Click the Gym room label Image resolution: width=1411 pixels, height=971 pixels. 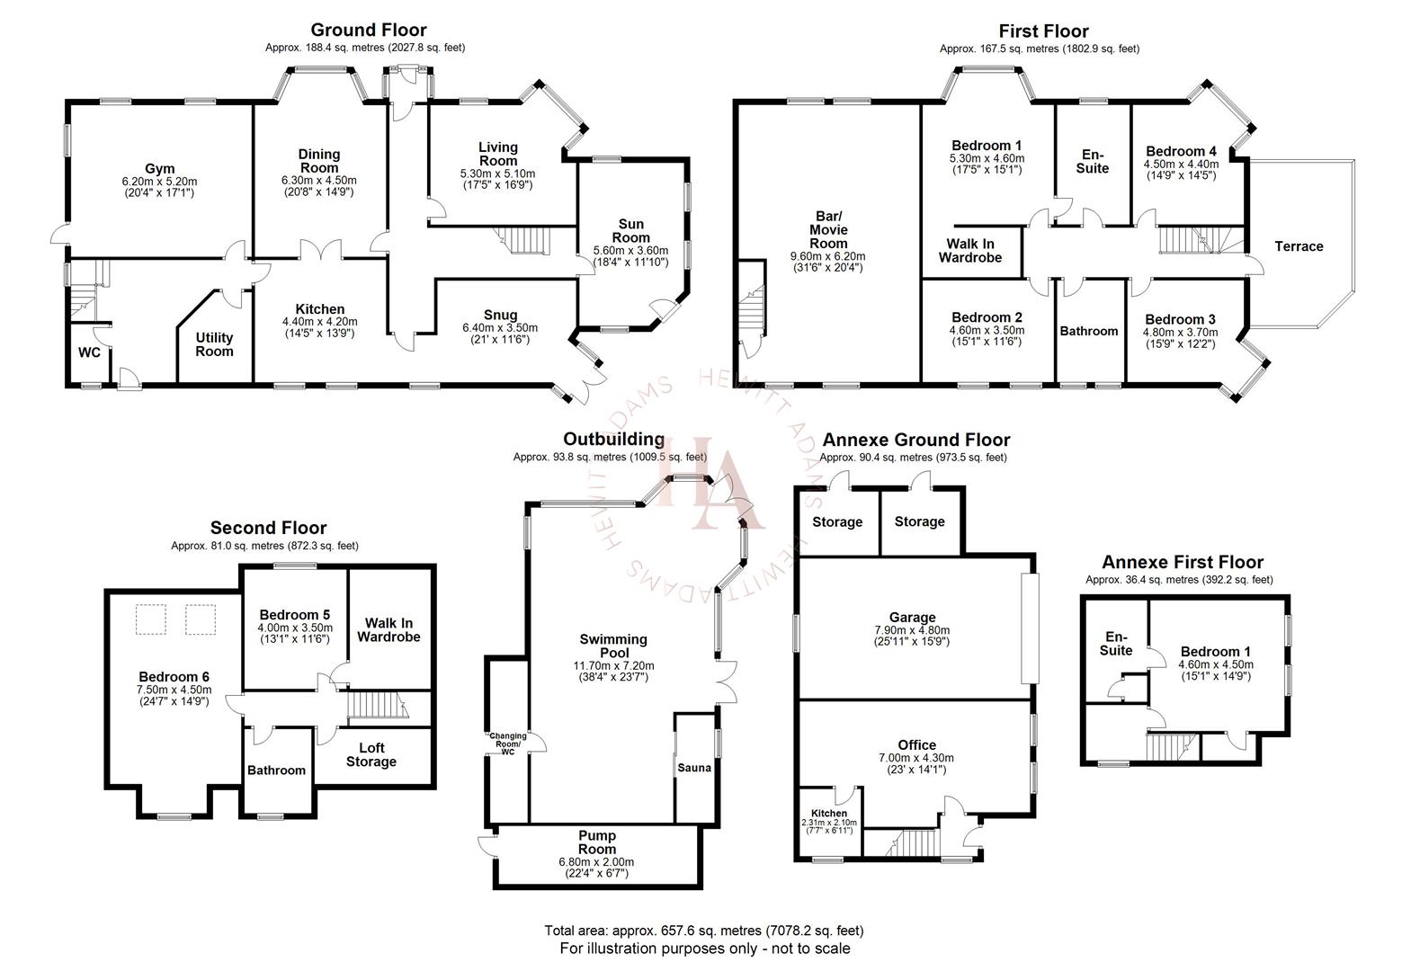[x=159, y=169]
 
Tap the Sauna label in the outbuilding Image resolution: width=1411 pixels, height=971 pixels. [x=694, y=768]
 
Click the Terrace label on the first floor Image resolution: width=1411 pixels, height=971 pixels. [x=1299, y=246]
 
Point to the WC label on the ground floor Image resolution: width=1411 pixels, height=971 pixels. [x=89, y=352]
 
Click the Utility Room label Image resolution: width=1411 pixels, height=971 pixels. [x=214, y=344]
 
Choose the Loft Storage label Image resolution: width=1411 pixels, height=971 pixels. [x=371, y=755]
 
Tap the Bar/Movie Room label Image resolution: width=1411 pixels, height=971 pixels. [x=827, y=230]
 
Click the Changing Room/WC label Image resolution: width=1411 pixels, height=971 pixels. [x=508, y=744]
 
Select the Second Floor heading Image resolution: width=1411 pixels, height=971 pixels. [x=268, y=528]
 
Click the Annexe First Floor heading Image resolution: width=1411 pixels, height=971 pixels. [x=1182, y=562]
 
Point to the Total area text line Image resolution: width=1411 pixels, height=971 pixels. [x=703, y=931]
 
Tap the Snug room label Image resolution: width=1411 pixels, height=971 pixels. [x=500, y=315]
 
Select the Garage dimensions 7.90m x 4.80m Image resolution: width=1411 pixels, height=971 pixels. [x=912, y=630]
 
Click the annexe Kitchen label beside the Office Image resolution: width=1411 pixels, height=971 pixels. [x=828, y=813]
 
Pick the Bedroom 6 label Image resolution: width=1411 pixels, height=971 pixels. [x=174, y=677]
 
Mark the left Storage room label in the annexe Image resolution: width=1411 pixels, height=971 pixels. [x=837, y=522]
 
